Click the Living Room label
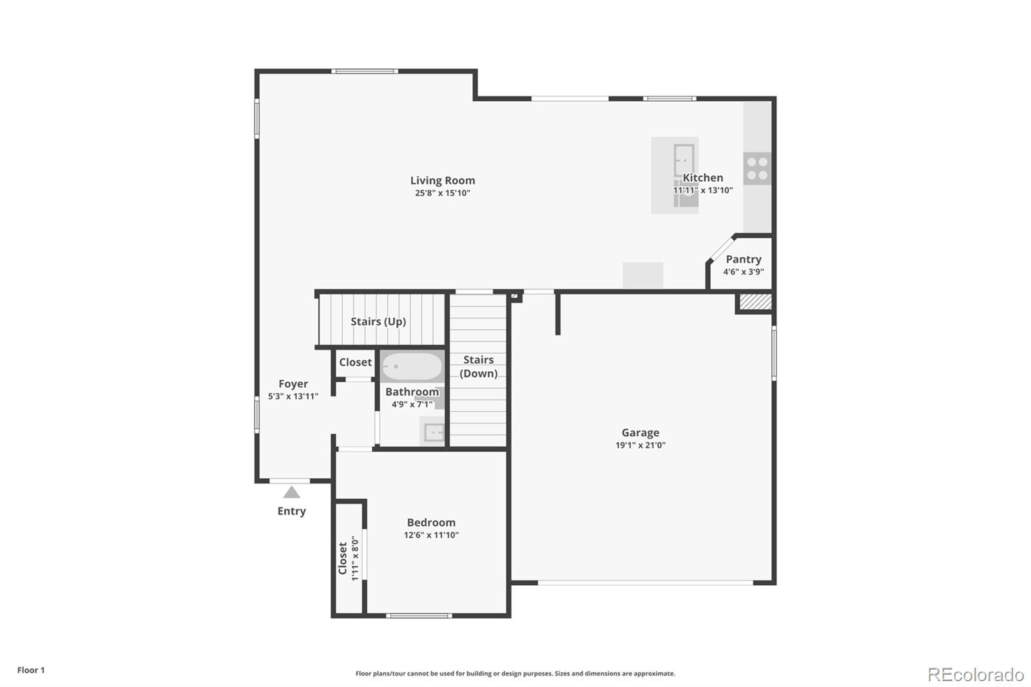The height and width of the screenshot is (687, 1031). click(x=443, y=180)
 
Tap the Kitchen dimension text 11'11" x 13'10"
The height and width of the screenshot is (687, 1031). click(x=702, y=190)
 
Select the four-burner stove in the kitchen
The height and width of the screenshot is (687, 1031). click(x=757, y=168)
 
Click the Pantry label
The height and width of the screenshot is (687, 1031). click(x=744, y=259)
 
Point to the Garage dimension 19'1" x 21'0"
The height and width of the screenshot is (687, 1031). click(x=640, y=445)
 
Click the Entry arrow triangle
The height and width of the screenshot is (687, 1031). click(x=292, y=492)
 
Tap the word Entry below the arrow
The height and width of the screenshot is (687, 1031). click(x=291, y=511)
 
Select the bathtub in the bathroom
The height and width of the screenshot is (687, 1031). click(x=411, y=367)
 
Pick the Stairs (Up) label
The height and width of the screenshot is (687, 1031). click(x=378, y=321)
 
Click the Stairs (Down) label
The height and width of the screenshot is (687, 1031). click(x=478, y=367)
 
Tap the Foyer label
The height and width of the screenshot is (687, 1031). click(x=293, y=383)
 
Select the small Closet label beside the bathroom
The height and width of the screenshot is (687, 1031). click(x=355, y=362)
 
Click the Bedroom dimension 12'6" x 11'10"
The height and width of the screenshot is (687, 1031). click(x=431, y=535)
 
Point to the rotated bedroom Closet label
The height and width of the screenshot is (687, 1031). click(x=343, y=558)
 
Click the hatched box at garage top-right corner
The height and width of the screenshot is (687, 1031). click(x=755, y=302)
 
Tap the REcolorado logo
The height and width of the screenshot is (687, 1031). click(x=975, y=675)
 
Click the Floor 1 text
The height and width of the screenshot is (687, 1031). click(x=31, y=670)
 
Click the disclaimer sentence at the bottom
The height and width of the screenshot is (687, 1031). click(x=515, y=673)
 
